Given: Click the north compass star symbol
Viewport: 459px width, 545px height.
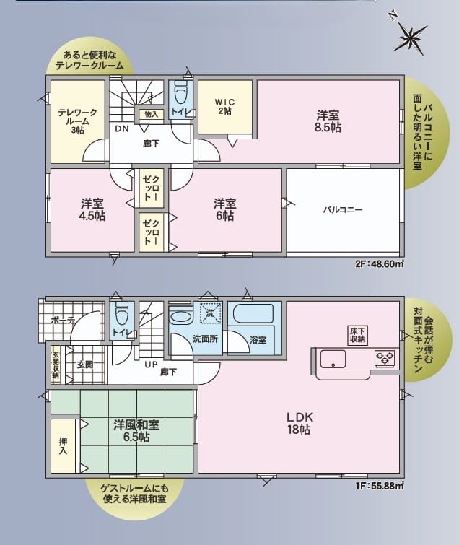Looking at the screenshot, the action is pos(411,36).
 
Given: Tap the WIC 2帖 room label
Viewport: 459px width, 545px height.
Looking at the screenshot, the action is pos(225,107).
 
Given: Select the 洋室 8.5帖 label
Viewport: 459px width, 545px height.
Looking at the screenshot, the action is pos(328,121).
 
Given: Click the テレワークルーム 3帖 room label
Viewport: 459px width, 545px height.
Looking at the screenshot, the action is pos(77,121).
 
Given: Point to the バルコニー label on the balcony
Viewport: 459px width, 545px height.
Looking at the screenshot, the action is pos(343,209).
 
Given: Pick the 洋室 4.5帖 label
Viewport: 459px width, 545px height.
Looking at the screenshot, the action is pos(92,209).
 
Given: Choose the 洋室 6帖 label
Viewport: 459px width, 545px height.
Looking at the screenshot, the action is pos(225,209).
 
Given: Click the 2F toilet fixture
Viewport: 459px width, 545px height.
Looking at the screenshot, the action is pos(180,92).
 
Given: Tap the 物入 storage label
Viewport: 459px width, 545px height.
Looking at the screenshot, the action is pos(151,114).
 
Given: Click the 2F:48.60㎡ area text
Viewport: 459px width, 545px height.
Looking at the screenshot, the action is pos(380,263).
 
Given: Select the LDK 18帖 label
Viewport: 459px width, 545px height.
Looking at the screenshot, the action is pos(300,423).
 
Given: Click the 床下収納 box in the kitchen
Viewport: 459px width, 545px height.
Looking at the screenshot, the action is pos(358,336).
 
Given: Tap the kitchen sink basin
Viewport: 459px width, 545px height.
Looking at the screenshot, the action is pos(333,359).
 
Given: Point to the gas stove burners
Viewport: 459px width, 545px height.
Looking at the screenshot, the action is pos(385,358).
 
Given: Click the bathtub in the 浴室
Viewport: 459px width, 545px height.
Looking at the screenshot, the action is pos(253,314).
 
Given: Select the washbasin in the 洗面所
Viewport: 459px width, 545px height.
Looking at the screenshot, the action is pos(180,317).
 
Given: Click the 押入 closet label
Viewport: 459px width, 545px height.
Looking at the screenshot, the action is pos(63,446).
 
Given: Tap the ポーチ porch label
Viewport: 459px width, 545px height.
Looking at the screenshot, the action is pos(63,320).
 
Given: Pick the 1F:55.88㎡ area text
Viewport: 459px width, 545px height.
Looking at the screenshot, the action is pos(380,486).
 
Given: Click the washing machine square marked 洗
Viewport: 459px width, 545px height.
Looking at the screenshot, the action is pos(211,313).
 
